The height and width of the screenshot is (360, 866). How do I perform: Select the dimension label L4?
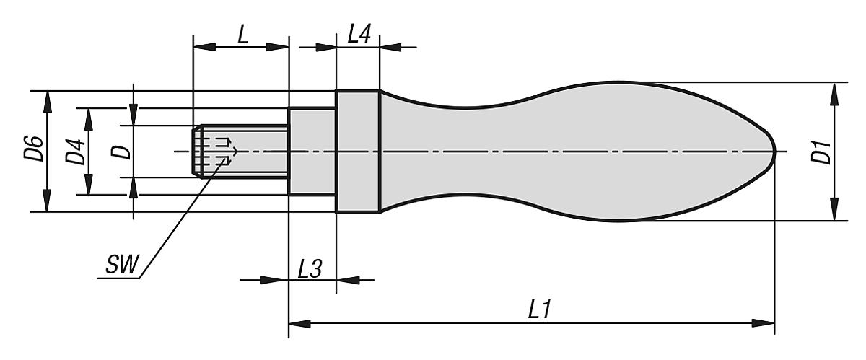(359, 34)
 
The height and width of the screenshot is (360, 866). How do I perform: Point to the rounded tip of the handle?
(771, 152)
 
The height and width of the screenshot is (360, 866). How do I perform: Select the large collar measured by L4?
(358, 152)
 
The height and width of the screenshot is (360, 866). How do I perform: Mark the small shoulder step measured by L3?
(312, 152)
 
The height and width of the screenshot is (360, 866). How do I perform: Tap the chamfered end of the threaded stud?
(196, 152)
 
